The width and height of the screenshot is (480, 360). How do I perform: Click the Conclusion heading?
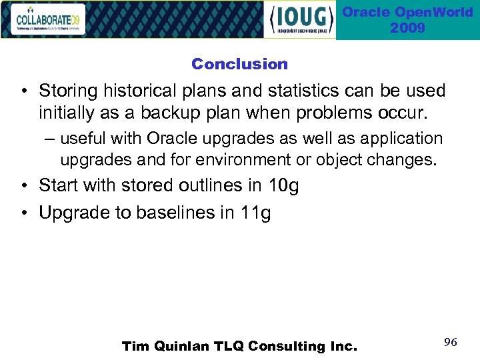click(239, 64)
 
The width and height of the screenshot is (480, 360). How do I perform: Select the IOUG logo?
click(299, 20)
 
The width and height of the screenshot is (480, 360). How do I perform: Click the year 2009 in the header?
click(407, 28)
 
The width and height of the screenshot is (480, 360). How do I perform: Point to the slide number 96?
click(450, 342)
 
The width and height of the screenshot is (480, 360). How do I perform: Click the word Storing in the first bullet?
click(67, 91)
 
